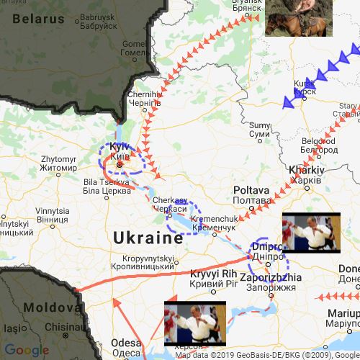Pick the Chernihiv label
(x=143, y=99)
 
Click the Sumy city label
(x=258, y=129)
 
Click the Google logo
(x=26, y=351)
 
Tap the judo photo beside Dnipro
(x=310, y=233)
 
